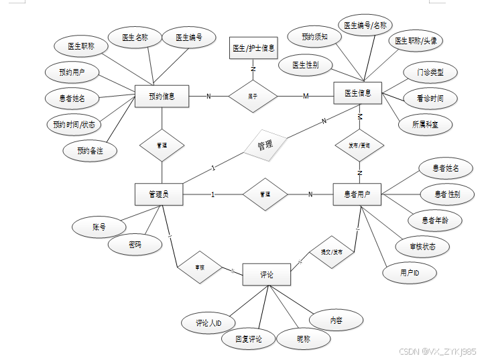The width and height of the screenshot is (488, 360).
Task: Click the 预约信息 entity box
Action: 162,97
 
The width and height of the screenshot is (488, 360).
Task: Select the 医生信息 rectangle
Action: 357,93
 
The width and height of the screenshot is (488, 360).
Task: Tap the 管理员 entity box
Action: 159,194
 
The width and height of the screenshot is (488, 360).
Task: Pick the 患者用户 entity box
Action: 357,194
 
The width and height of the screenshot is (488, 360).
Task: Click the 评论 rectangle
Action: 266,275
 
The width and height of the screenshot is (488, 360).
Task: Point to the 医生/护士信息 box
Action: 253,48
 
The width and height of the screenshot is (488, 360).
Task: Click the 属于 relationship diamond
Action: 253,97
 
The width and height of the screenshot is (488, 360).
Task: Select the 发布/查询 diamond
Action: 359,145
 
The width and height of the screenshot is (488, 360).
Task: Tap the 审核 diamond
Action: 199,267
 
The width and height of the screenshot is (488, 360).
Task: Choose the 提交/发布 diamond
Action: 331,253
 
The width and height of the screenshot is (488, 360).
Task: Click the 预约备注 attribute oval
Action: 90,151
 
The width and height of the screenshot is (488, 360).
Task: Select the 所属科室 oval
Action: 424,124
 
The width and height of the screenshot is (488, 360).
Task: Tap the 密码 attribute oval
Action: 135,245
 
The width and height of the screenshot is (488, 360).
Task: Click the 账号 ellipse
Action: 99,227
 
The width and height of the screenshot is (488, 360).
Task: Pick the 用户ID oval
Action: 410,273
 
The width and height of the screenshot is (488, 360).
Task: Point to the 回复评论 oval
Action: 249,339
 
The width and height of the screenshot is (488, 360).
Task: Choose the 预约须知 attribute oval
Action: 314,38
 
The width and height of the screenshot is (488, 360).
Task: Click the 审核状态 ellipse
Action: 424,247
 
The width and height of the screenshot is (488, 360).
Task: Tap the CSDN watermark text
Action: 437,351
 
